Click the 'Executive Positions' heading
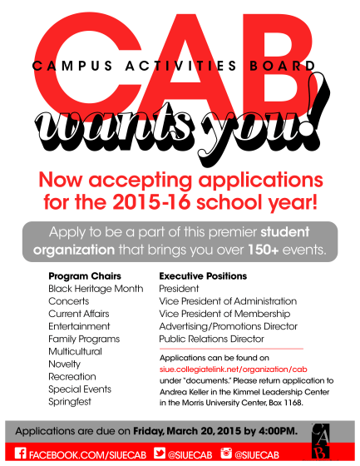(202, 275)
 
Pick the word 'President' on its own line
(180, 288)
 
